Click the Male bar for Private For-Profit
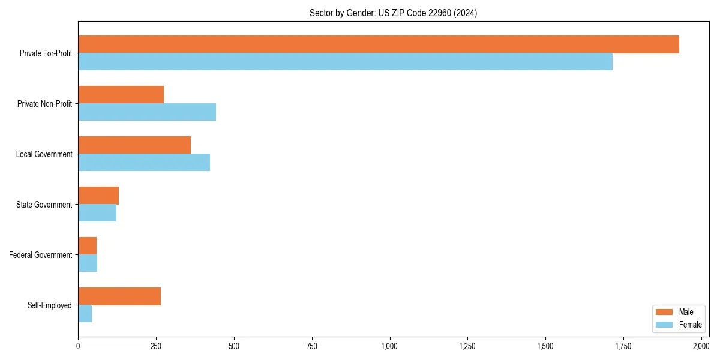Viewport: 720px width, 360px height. pyautogui.click(x=378, y=44)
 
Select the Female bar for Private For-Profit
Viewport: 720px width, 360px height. pyautogui.click(x=345, y=62)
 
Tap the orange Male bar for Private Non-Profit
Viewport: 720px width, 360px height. pyautogui.click(x=121, y=95)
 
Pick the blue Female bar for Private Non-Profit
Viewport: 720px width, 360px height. pyautogui.click(x=147, y=112)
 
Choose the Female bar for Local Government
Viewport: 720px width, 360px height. pyautogui.click(x=144, y=163)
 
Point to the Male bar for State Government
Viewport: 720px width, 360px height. pyautogui.click(x=98, y=196)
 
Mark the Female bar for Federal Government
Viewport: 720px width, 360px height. pyautogui.click(x=88, y=263)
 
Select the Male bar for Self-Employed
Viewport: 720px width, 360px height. pyautogui.click(x=119, y=296)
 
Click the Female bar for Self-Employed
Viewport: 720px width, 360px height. pyautogui.click(x=85, y=314)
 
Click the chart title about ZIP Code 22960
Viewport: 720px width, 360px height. pyautogui.click(x=393, y=13)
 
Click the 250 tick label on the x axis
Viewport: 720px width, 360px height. pyautogui.click(x=156, y=346)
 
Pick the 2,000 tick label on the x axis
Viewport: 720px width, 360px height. pyautogui.click(x=701, y=346)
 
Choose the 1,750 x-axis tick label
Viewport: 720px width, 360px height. pyautogui.click(x=623, y=346)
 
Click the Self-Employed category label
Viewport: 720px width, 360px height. pyautogui.click(x=50, y=305)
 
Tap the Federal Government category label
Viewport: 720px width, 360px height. pyautogui.click(x=41, y=255)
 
